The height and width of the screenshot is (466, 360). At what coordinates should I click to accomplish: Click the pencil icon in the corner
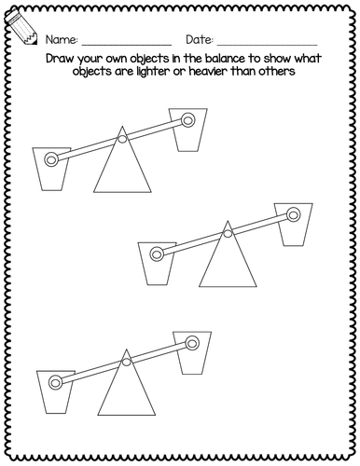21,27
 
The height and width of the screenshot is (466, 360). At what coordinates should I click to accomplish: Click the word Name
62,40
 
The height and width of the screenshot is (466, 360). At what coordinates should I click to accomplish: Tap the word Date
200,40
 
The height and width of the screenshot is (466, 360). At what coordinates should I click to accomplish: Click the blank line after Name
127,45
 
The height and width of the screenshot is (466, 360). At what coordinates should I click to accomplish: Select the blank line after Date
268,45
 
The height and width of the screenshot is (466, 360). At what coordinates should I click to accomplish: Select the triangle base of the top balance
122,168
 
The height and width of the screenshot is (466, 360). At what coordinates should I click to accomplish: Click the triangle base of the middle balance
228,263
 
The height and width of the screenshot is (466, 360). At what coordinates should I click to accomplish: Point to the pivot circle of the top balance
122,139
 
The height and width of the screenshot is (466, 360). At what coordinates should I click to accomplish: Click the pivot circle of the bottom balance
126,362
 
